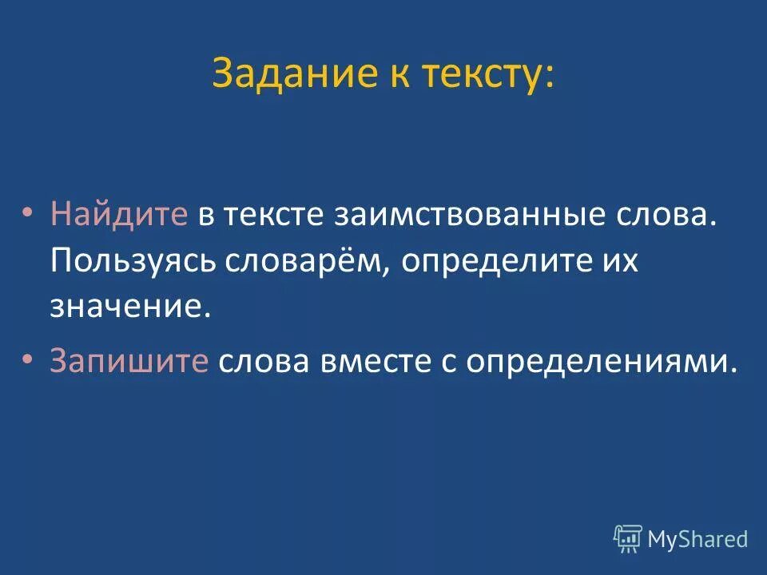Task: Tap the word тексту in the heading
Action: (x=483, y=75)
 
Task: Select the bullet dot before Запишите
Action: (x=28, y=361)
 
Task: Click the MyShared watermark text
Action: (x=697, y=539)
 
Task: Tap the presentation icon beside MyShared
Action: (x=628, y=539)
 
